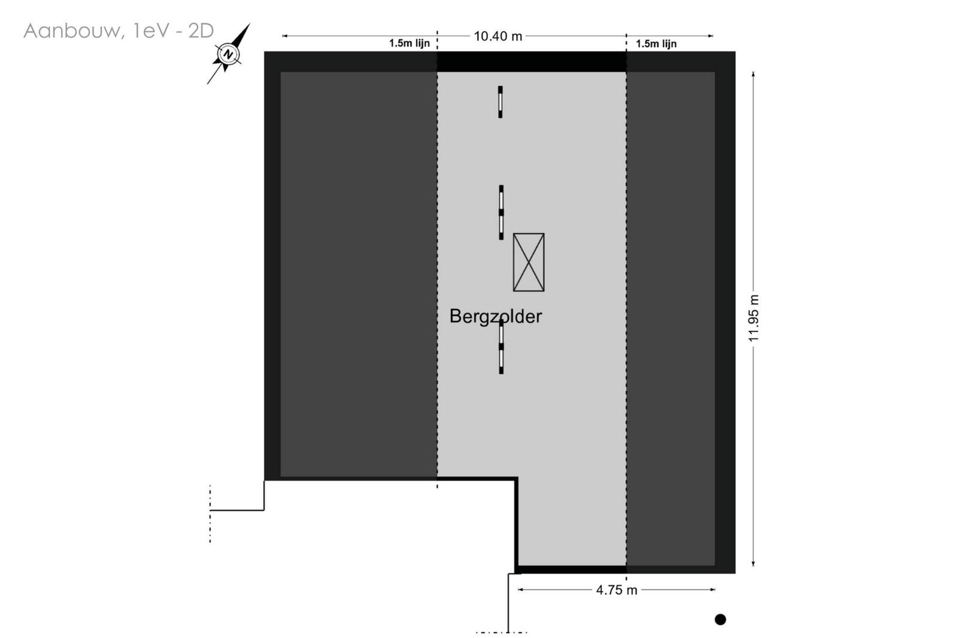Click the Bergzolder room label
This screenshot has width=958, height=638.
[x=496, y=317]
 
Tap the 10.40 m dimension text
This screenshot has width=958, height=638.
[x=498, y=37]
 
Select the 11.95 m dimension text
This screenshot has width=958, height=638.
[x=754, y=318]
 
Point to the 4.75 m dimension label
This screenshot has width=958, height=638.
[x=617, y=590]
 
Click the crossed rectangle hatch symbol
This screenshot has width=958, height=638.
[x=529, y=262]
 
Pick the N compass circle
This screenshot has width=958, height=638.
[x=228, y=54]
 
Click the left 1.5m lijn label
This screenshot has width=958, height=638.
[x=410, y=44]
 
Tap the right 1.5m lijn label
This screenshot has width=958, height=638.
[x=656, y=44]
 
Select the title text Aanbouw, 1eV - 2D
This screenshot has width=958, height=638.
[x=119, y=31]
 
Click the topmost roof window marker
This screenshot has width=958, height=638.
[x=501, y=102]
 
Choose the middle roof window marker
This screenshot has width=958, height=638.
[x=501, y=212]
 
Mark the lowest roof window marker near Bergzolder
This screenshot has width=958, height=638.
[x=501, y=347]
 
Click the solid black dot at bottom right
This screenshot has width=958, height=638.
[x=720, y=619]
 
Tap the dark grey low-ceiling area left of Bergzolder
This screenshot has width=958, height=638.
[x=359, y=274]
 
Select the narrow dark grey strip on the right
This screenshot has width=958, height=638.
[x=671, y=318]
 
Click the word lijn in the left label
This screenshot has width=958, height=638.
[x=420, y=44]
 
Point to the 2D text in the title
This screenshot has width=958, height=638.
[x=201, y=31]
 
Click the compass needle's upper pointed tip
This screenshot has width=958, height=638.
[x=250, y=23]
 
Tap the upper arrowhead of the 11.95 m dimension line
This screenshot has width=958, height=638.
[x=753, y=74]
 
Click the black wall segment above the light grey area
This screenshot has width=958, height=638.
[x=532, y=62]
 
